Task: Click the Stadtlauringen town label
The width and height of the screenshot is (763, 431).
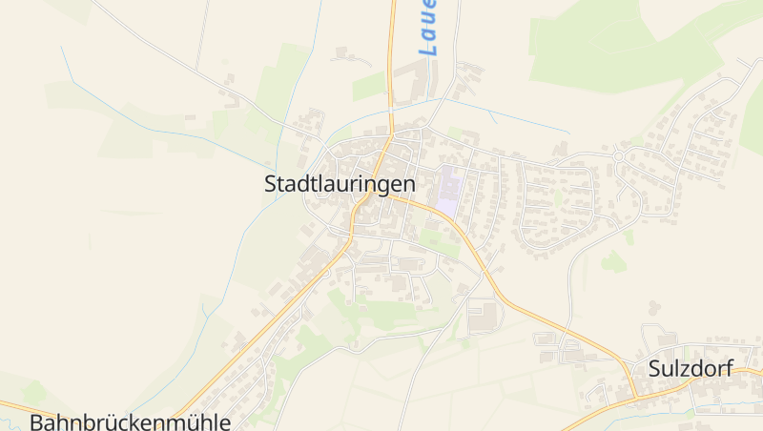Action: pyautogui.click(x=340, y=184)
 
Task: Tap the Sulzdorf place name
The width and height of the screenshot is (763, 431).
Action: pyautogui.click(x=691, y=369)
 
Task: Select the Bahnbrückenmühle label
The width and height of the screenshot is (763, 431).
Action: pyautogui.click(x=131, y=421)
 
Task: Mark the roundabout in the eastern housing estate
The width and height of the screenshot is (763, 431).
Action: pyautogui.click(x=619, y=156)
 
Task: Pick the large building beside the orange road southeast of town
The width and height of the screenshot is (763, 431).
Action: pyautogui.click(x=484, y=315)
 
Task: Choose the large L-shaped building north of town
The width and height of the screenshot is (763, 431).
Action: pyautogui.click(x=408, y=84)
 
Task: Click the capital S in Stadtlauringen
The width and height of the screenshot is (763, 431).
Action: pyautogui.click(x=271, y=184)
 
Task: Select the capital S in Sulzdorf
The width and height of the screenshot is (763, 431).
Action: pyautogui.click(x=654, y=369)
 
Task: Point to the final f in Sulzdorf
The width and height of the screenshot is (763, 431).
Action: pyautogui.click(x=730, y=368)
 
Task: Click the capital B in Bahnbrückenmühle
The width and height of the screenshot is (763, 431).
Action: pyautogui.click(x=37, y=421)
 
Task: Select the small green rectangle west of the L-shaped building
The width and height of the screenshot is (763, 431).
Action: pyautogui.click(x=368, y=87)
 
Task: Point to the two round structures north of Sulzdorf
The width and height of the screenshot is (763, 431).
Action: pyautogui.click(x=654, y=308)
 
